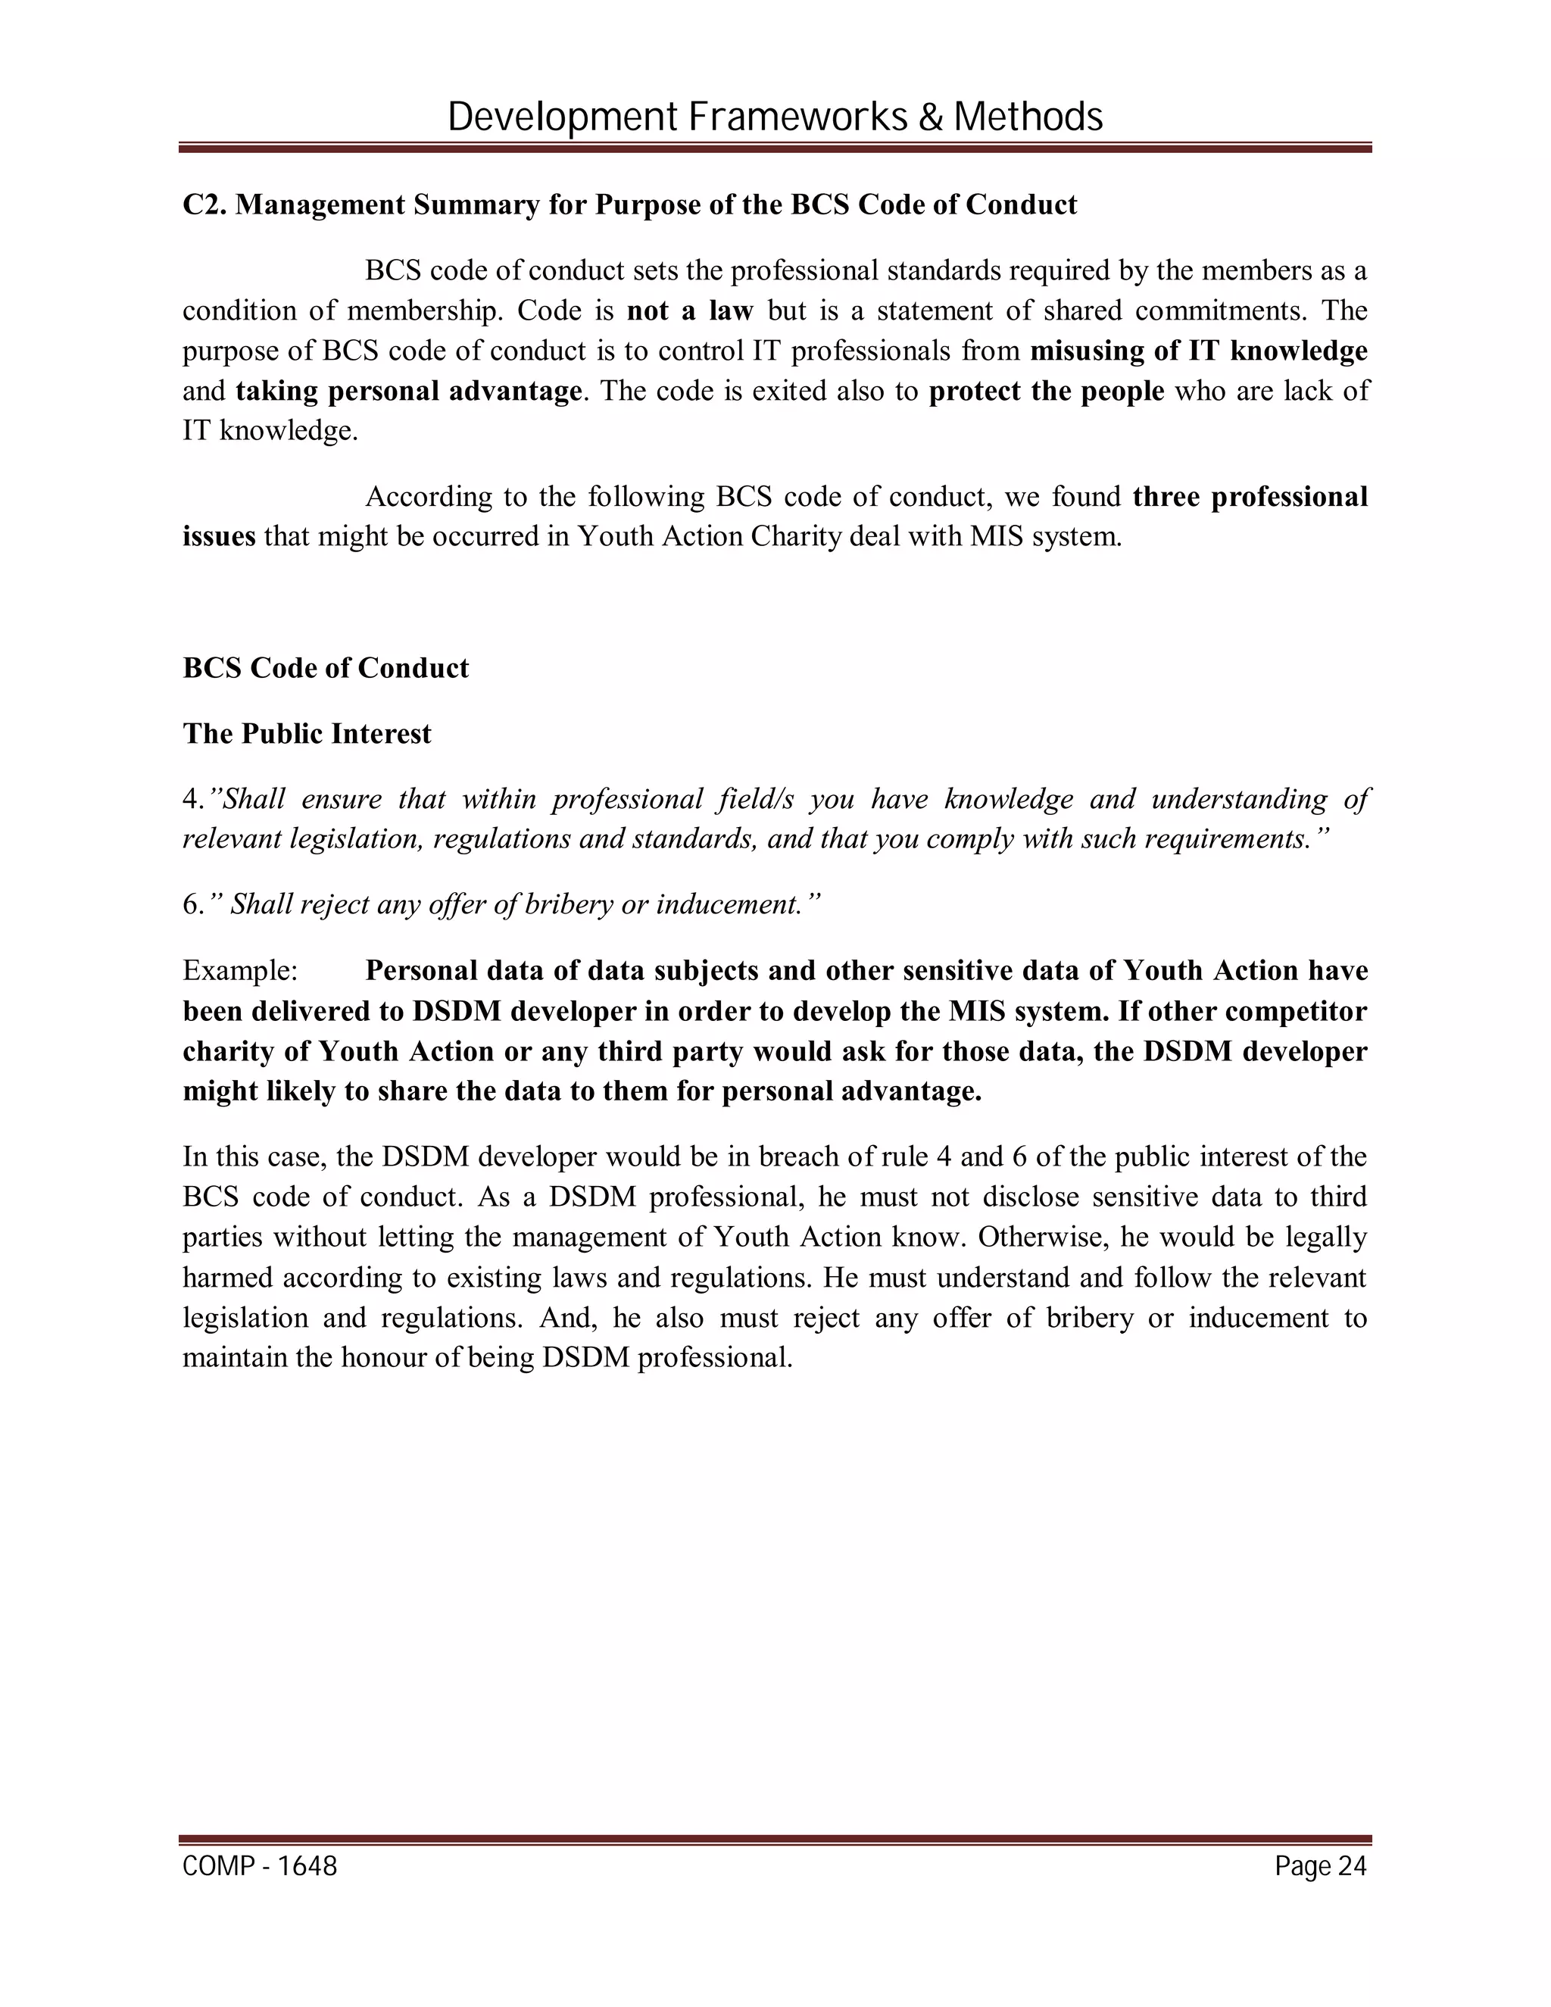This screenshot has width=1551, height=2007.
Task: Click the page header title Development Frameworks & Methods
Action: coord(775,117)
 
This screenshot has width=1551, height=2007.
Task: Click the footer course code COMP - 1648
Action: coord(260,1866)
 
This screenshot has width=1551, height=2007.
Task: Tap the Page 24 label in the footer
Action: coord(1320,1866)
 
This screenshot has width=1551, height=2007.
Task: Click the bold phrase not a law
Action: coord(689,311)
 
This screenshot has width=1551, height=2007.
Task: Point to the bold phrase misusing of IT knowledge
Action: coord(1198,351)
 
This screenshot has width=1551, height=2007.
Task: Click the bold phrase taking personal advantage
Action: coord(409,392)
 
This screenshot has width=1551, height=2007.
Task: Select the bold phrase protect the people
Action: coord(1047,392)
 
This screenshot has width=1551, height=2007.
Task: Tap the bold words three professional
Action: coord(1250,497)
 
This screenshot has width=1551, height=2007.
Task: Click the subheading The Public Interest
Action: coord(307,733)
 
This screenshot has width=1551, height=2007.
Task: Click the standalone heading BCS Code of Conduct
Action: coord(325,667)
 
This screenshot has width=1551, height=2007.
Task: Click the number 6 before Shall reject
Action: coord(190,905)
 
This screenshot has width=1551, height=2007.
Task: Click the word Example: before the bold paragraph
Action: coord(240,972)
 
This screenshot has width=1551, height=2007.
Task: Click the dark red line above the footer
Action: coord(775,1840)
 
